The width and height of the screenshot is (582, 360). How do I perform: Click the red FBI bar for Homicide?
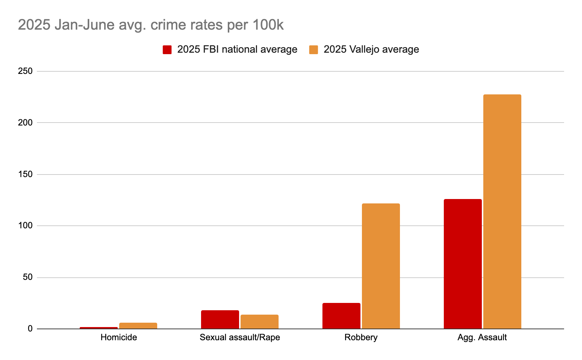(99, 328)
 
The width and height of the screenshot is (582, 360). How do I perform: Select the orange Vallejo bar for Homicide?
(138, 326)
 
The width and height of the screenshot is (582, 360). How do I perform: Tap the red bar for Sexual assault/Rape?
(220, 319)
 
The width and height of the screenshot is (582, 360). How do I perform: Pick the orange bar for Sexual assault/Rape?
(260, 322)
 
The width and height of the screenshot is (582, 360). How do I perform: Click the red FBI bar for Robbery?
(341, 316)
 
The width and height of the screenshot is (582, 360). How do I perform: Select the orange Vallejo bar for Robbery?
(381, 266)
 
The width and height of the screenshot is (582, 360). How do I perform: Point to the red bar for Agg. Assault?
(463, 264)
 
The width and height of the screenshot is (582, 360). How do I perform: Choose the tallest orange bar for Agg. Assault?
(502, 211)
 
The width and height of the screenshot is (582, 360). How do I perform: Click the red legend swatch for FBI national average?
(167, 50)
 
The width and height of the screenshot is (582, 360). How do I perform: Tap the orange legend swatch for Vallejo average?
(313, 50)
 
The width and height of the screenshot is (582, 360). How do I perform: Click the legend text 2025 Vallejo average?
(371, 49)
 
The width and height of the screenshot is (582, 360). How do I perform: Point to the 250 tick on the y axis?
(25, 71)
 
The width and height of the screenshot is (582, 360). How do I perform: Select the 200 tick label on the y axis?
(25, 123)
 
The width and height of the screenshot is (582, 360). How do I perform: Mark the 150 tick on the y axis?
(25, 174)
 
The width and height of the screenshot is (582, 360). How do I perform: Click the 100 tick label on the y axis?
(25, 226)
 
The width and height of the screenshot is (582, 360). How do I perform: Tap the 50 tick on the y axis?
(28, 277)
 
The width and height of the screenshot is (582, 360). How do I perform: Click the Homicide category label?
(119, 337)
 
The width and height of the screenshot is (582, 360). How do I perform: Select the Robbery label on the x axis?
(361, 337)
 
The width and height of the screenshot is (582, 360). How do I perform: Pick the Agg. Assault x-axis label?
(482, 337)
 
